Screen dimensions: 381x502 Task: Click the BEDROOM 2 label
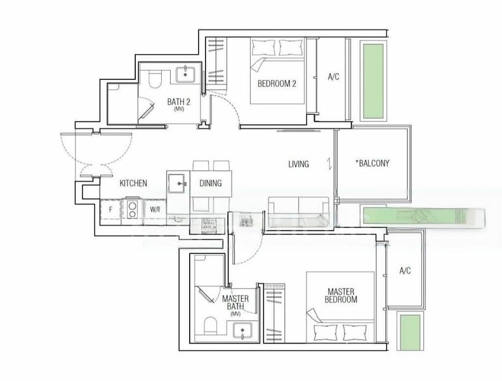click(x=277, y=84)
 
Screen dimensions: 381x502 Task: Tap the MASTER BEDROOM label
click(x=340, y=295)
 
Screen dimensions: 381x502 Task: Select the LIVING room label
click(x=298, y=164)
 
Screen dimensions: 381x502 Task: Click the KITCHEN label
click(x=133, y=184)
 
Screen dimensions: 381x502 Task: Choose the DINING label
click(x=210, y=184)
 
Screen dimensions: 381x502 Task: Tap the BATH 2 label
click(x=179, y=102)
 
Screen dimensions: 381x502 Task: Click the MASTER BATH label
click(x=235, y=303)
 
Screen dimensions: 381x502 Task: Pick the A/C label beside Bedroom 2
click(x=334, y=77)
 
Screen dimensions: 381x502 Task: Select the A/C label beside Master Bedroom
click(x=406, y=271)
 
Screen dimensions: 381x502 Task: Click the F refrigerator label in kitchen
click(x=110, y=208)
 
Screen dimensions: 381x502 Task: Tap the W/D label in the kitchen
click(x=155, y=208)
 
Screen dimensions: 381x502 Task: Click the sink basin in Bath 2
click(x=186, y=74)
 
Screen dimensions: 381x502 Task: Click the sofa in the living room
click(x=298, y=207)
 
